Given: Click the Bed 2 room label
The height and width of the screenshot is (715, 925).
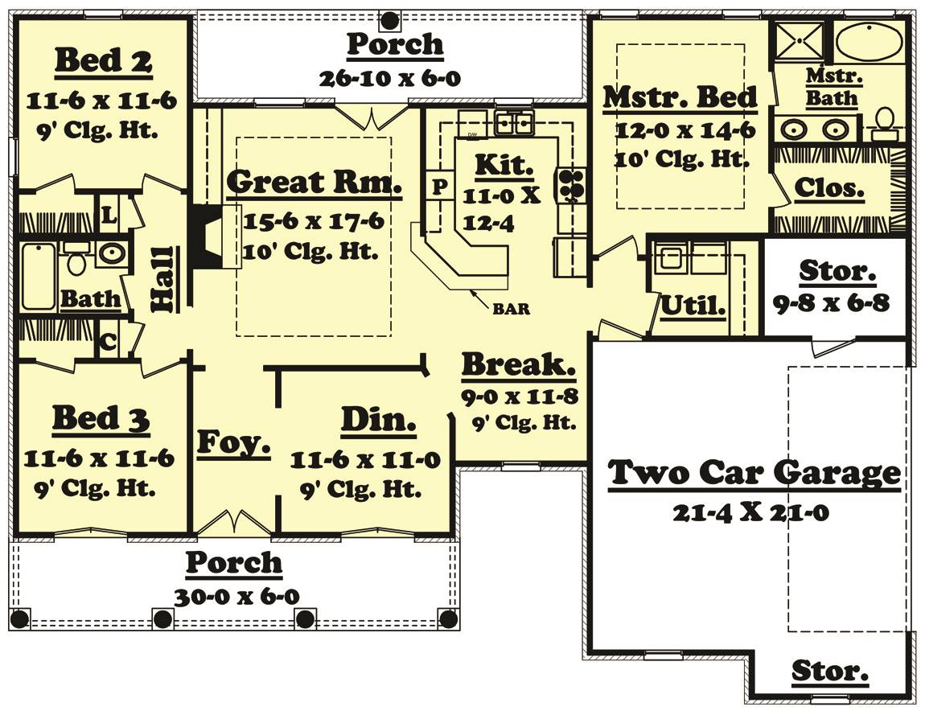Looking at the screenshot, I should pos(104,61).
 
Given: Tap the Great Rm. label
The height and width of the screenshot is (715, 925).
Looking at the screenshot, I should pos(314,183).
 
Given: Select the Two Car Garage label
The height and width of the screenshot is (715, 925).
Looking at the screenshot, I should pos(754,472).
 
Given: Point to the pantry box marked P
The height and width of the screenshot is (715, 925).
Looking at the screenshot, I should pos(439,187).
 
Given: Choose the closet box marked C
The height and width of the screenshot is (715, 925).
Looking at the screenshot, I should pos(107,341).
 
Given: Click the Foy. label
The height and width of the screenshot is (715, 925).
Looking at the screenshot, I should pos(233,442).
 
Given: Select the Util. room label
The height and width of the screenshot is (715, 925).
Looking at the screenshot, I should pos(693,305).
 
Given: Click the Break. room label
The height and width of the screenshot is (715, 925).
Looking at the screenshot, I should pos(518,364).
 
